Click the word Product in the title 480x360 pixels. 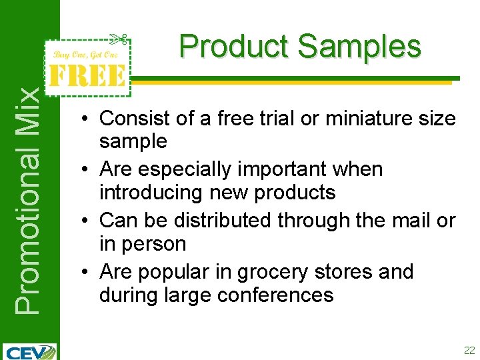point(234,47)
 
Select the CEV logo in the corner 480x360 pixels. point(29,351)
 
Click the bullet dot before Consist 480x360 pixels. point(87,119)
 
